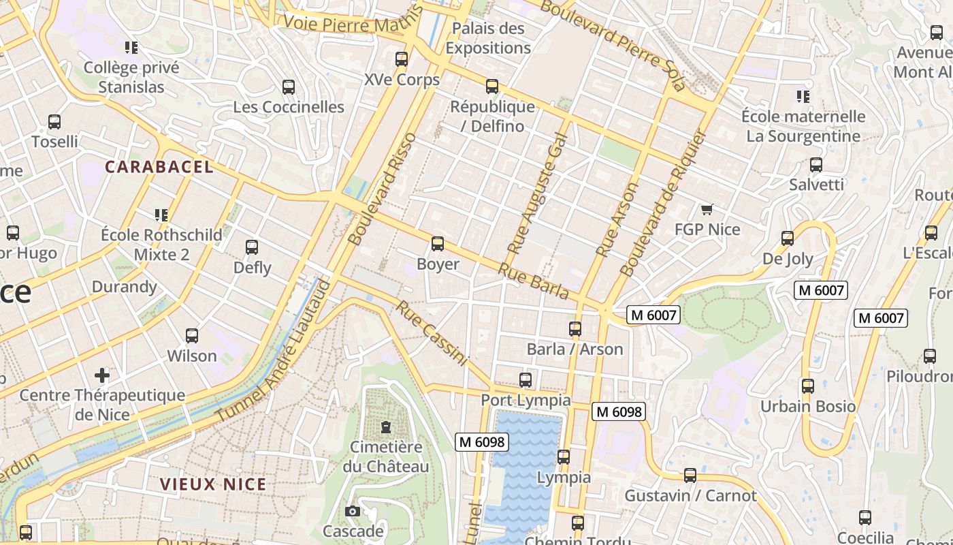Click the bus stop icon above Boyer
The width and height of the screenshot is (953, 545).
pyautogui.click(x=438, y=244)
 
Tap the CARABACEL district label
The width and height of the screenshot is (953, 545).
pyautogui.click(x=159, y=167)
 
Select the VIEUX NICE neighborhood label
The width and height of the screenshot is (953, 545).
pyautogui.click(x=213, y=484)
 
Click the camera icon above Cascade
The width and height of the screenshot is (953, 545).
pyautogui.click(x=353, y=511)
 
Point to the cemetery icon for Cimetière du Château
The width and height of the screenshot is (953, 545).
pyautogui.click(x=386, y=427)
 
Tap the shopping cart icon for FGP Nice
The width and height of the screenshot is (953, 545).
pyautogui.click(x=707, y=209)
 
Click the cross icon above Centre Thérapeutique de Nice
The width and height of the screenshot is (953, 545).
pyautogui.click(x=102, y=375)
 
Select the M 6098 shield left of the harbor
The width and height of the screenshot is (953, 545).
pyautogui.click(x=481, y=442)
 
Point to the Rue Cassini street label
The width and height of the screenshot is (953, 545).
pyautogui.click(x=433, y=333)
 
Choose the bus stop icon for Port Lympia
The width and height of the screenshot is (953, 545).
pyautogui.click(x=526, y=380)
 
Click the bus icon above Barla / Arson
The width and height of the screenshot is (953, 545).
pyautogui.click(x=575, y=329)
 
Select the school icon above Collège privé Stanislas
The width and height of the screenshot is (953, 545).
pyautogui.click(x=131, y=48)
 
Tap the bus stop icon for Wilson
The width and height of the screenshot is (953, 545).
pyautogui.click(x=192, y=336)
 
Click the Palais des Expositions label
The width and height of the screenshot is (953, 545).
pyautogui.click(x=488, y=38)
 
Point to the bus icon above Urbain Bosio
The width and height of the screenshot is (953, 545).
pyautogui.click(x=807, y=386)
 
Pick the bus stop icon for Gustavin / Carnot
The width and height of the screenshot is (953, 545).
pyautogui.click(x=690, y=476)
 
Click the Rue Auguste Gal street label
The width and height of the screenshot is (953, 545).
pyautogui.click(x=537, y=193)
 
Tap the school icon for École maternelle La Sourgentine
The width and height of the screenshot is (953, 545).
pyautogui.click(x=803, y=97)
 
